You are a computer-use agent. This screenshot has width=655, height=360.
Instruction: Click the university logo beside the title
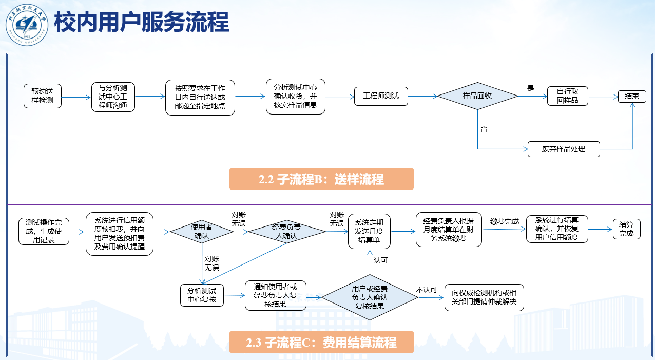(26, 24)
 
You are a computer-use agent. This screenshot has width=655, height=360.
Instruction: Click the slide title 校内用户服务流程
(141, 23)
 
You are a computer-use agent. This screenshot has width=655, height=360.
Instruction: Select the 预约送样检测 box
(42, 96)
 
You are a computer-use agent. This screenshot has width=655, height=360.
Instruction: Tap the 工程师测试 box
(381, 96)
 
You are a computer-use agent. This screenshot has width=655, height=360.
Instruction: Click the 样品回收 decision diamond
(477, 96)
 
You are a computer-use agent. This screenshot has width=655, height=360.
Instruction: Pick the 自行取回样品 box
(567, 96)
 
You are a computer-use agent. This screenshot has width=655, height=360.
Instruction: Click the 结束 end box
(632, 96)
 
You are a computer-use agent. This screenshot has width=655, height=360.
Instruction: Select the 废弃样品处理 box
(563, 149)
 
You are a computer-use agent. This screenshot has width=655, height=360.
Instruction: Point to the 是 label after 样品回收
(531, 88)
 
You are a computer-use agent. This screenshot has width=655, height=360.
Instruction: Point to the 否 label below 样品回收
(484, 129)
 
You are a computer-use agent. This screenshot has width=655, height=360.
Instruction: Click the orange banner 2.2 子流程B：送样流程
(321, 179)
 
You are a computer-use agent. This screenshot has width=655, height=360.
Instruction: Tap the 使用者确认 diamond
(202, 232)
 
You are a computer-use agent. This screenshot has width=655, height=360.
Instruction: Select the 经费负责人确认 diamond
(287, 232)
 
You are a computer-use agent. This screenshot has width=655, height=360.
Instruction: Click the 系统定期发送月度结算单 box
(369, 231)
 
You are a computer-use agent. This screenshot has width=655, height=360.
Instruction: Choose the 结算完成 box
(626, 229)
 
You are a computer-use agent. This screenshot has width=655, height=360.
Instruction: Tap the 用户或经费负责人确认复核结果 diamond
(370, 297)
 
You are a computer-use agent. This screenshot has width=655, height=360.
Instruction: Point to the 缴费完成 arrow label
(504, 221)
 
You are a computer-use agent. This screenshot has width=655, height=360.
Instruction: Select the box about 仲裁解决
(484, 297)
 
